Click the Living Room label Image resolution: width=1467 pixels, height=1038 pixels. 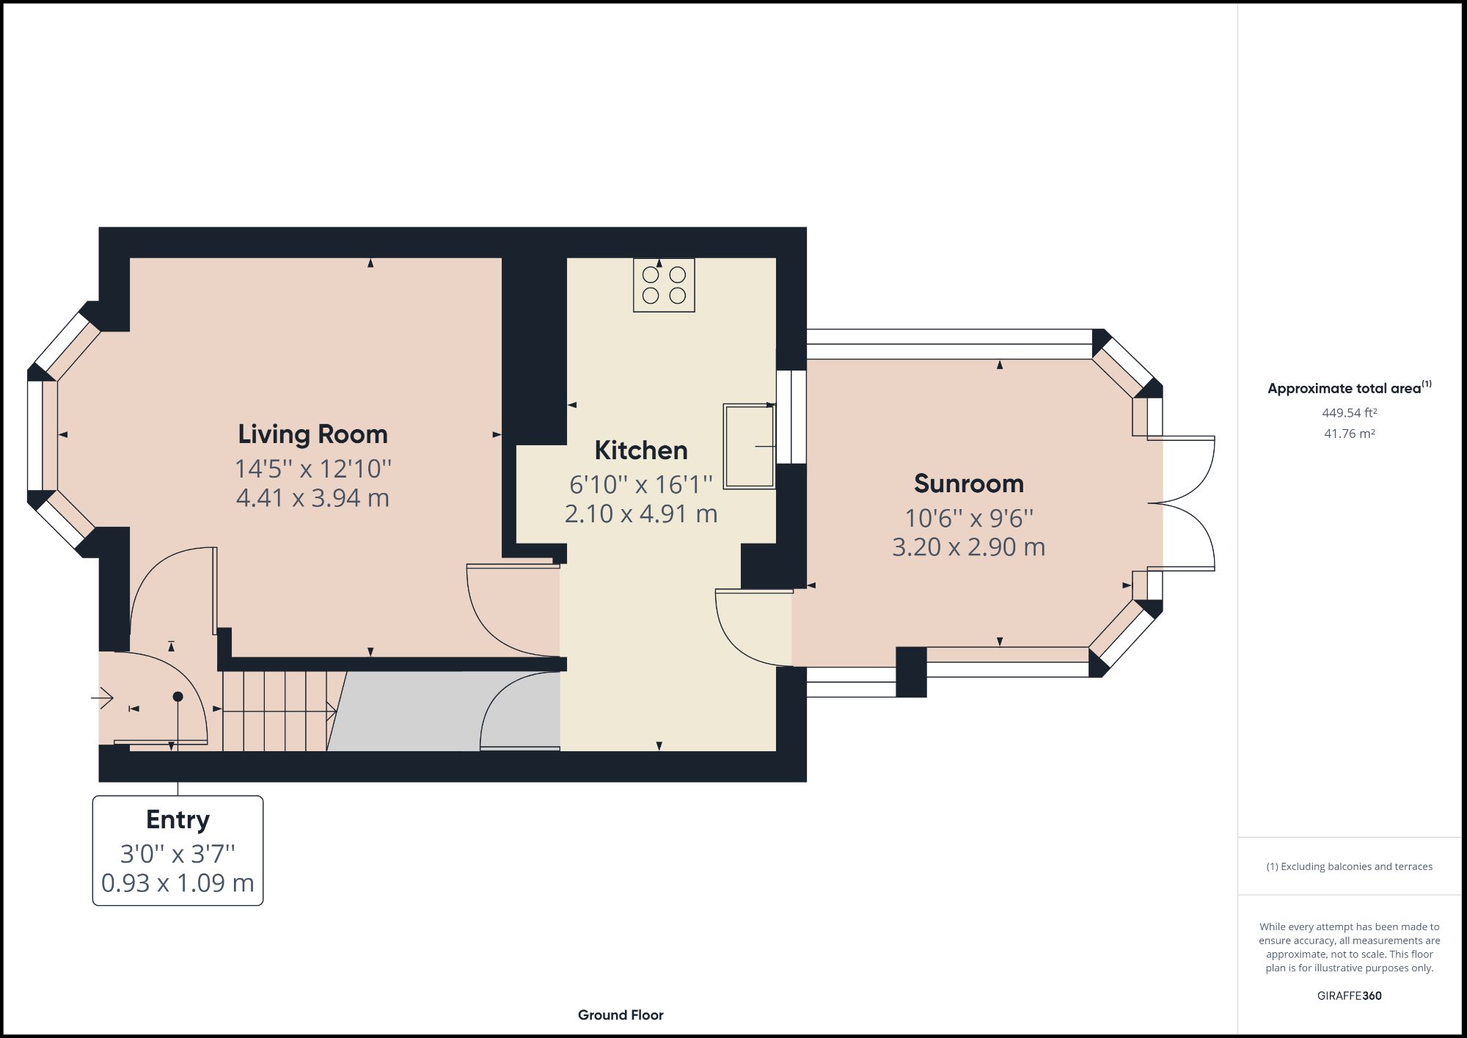point(312,434)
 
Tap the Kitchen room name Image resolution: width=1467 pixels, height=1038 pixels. point(640,450)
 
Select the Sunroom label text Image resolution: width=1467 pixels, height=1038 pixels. point(968,484)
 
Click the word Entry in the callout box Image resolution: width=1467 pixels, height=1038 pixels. point(178,819)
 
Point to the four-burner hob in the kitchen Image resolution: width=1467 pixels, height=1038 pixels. point(664,285)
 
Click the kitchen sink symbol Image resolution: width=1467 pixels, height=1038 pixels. point(749,446)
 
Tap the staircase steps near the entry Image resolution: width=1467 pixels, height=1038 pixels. point(275,711)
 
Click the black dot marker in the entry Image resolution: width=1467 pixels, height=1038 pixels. point(178,696)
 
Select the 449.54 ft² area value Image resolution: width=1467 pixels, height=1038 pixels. point(1349,413)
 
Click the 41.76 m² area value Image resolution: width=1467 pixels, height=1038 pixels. point(1349,434)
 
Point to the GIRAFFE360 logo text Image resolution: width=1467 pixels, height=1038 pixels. point(1349,995)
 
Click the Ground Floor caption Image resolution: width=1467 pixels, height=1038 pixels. point(621,1015)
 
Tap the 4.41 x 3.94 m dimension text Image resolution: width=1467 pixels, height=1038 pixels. point(312,499)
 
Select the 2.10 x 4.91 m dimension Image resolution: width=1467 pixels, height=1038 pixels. point(640,514)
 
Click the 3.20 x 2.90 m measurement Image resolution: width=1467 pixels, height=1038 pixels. point(968,547)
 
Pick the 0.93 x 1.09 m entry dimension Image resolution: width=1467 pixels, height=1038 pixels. point(178,883)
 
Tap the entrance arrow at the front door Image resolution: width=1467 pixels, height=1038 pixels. point(103,698)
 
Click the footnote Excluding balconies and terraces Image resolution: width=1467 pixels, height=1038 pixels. point(1349,866)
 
